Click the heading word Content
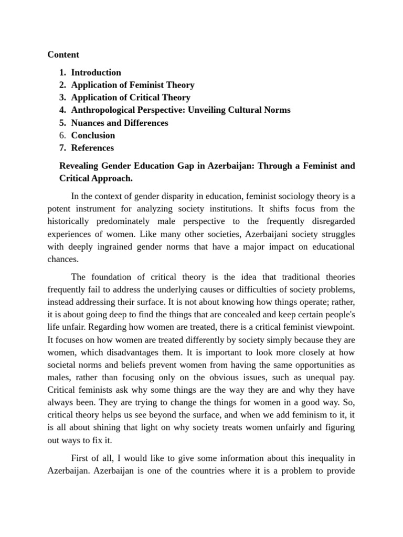(63, 55)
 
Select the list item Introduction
(96, 72)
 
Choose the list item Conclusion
(93, 135)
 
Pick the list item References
(92, 148)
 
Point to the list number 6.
(62, 135)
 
